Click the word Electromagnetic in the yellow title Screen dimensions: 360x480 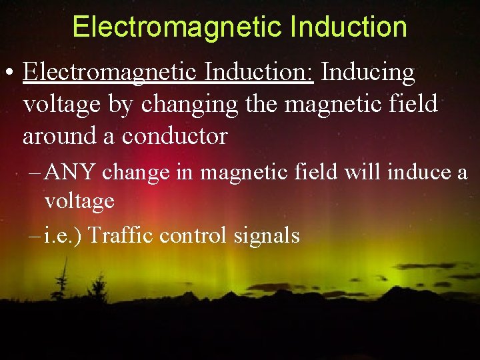point(176,27)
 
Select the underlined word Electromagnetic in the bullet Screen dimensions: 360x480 point(109,72)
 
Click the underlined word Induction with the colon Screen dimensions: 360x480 point(259,72)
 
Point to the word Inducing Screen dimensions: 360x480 point(368,72)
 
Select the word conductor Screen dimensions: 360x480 point(175,137)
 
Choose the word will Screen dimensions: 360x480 point(361,172)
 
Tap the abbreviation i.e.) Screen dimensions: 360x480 point(63,235)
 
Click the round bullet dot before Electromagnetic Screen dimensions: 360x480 point(11,73)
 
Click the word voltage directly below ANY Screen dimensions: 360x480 point(79,201)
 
